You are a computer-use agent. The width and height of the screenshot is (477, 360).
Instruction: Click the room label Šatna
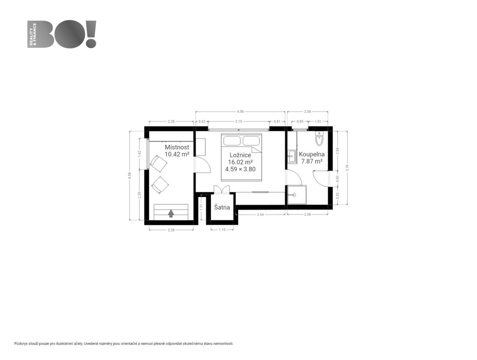click(222, 208)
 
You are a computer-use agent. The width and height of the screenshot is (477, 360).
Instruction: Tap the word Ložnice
click(240, 155)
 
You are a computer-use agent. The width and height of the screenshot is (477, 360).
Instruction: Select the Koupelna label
click(312, 154)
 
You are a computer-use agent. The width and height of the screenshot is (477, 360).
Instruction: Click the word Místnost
click(177, 147)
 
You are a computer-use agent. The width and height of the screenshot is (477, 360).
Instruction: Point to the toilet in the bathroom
click(319, 139)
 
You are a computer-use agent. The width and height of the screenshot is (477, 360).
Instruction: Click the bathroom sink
click(292, 157)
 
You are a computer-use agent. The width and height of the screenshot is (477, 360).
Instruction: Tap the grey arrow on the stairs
click(171, 213)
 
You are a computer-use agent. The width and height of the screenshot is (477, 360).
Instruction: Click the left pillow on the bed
click(233, 141)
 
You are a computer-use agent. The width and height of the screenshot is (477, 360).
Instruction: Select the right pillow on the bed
click(251, 141)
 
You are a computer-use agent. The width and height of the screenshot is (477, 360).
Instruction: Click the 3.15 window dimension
click(238, 121)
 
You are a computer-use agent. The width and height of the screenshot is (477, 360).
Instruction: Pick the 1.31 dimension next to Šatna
click(201, 207)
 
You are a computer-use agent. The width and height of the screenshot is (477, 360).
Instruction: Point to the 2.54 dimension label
click(260, 215)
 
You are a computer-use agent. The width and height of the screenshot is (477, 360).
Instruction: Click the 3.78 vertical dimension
click(348, 168)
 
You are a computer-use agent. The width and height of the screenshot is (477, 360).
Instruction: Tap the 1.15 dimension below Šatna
click(222, 230)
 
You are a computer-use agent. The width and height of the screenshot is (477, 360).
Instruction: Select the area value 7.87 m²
click(312, 161)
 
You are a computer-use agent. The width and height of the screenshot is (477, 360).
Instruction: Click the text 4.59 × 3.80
click(240, 169)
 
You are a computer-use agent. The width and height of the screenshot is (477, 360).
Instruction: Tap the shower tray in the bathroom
click(297, 195)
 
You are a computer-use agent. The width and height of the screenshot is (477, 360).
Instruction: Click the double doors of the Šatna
click(222, 190)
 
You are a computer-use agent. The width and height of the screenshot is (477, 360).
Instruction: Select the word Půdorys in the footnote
click(21, 344)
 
